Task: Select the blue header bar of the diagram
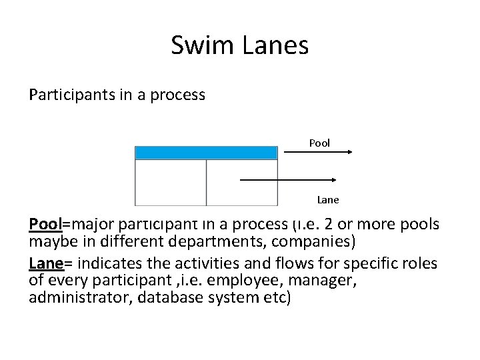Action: click(x=206, y=153)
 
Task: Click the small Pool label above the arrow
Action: click(x=319, y=143)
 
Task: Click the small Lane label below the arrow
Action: click(x=327, y=199)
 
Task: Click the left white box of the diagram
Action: click(x=171, y=182)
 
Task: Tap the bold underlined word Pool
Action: click(x=45, y=223)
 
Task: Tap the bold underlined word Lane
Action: click(x=46, y=263)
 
